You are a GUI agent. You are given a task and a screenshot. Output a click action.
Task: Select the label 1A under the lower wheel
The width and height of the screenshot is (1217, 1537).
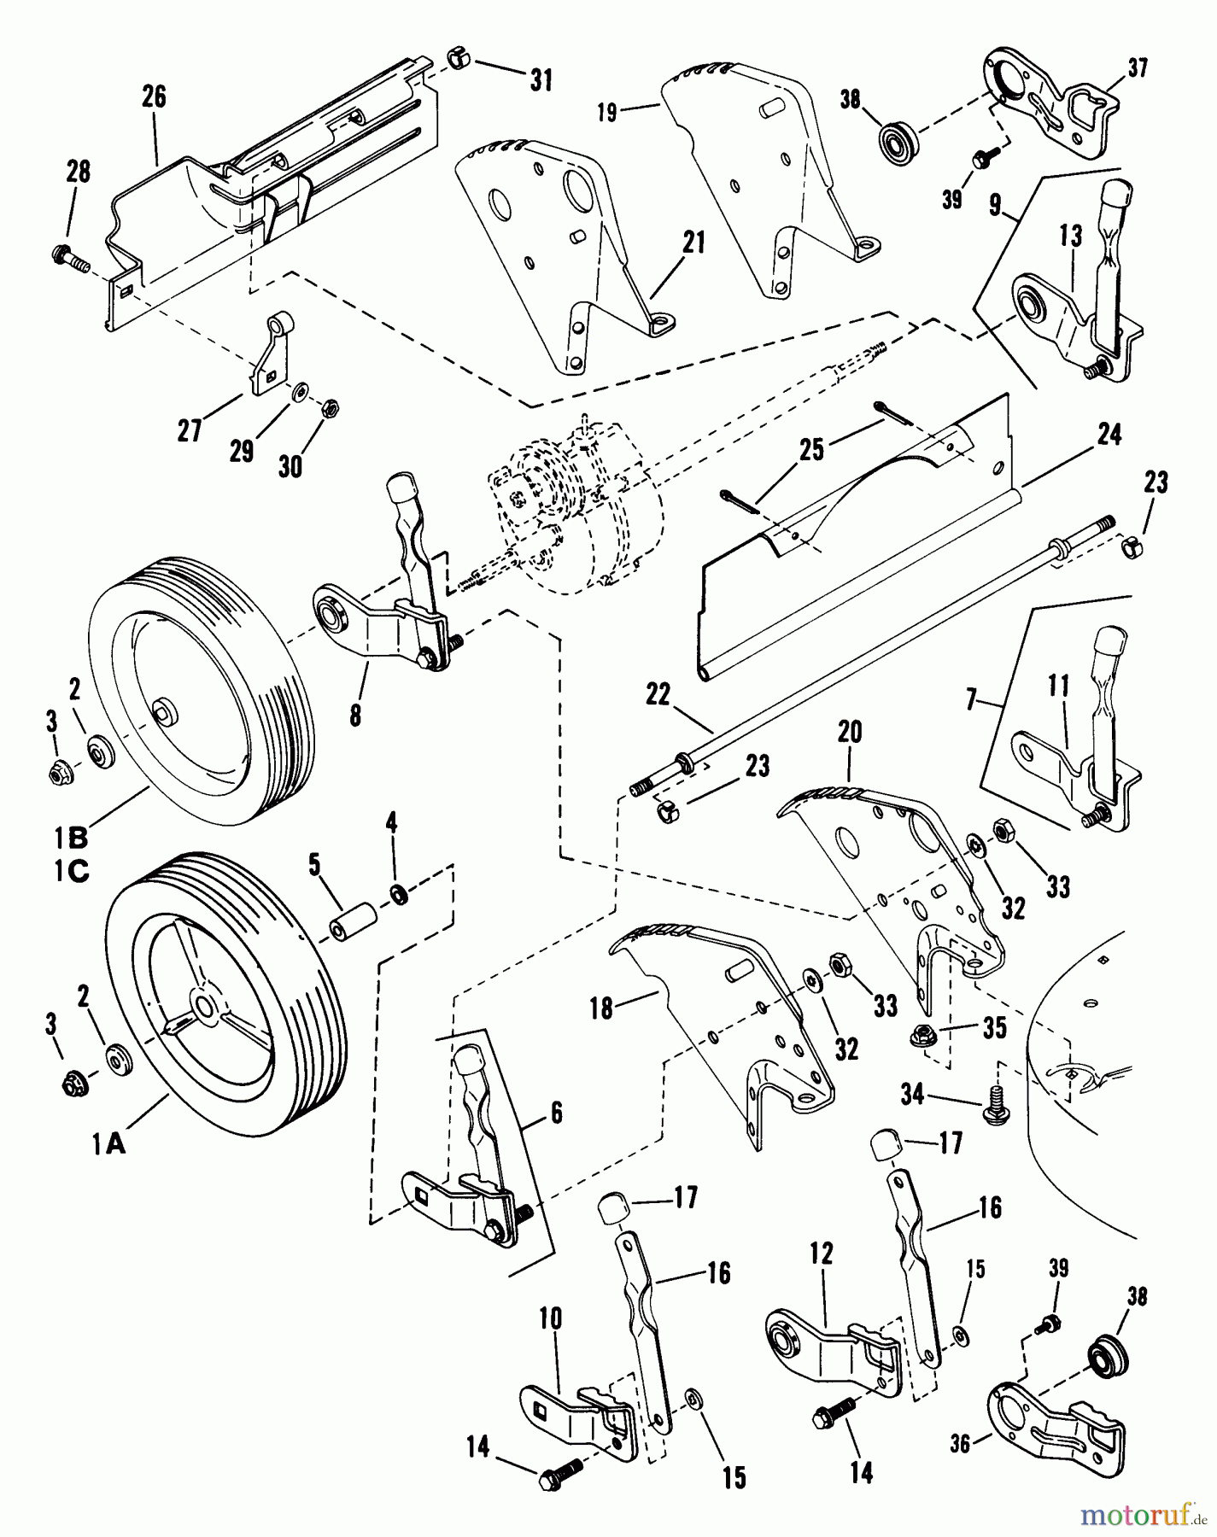[109, 1145]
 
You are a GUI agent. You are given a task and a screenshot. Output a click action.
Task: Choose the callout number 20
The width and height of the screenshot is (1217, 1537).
[850, 732]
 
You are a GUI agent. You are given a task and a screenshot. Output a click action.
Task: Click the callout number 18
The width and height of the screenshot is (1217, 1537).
[602, 1008]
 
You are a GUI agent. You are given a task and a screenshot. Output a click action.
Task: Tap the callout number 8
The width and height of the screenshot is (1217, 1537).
[354, 714]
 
